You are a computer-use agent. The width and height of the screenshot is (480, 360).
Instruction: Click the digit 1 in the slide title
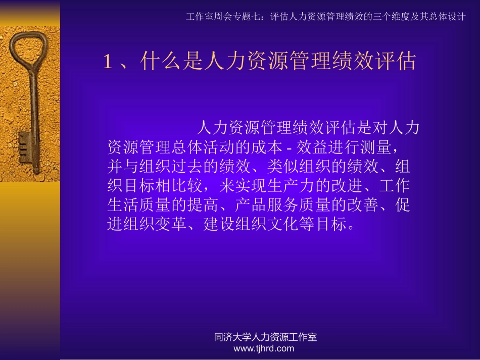(x=107, y=62)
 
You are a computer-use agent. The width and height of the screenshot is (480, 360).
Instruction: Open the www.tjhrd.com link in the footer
(x=264, y=348)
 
